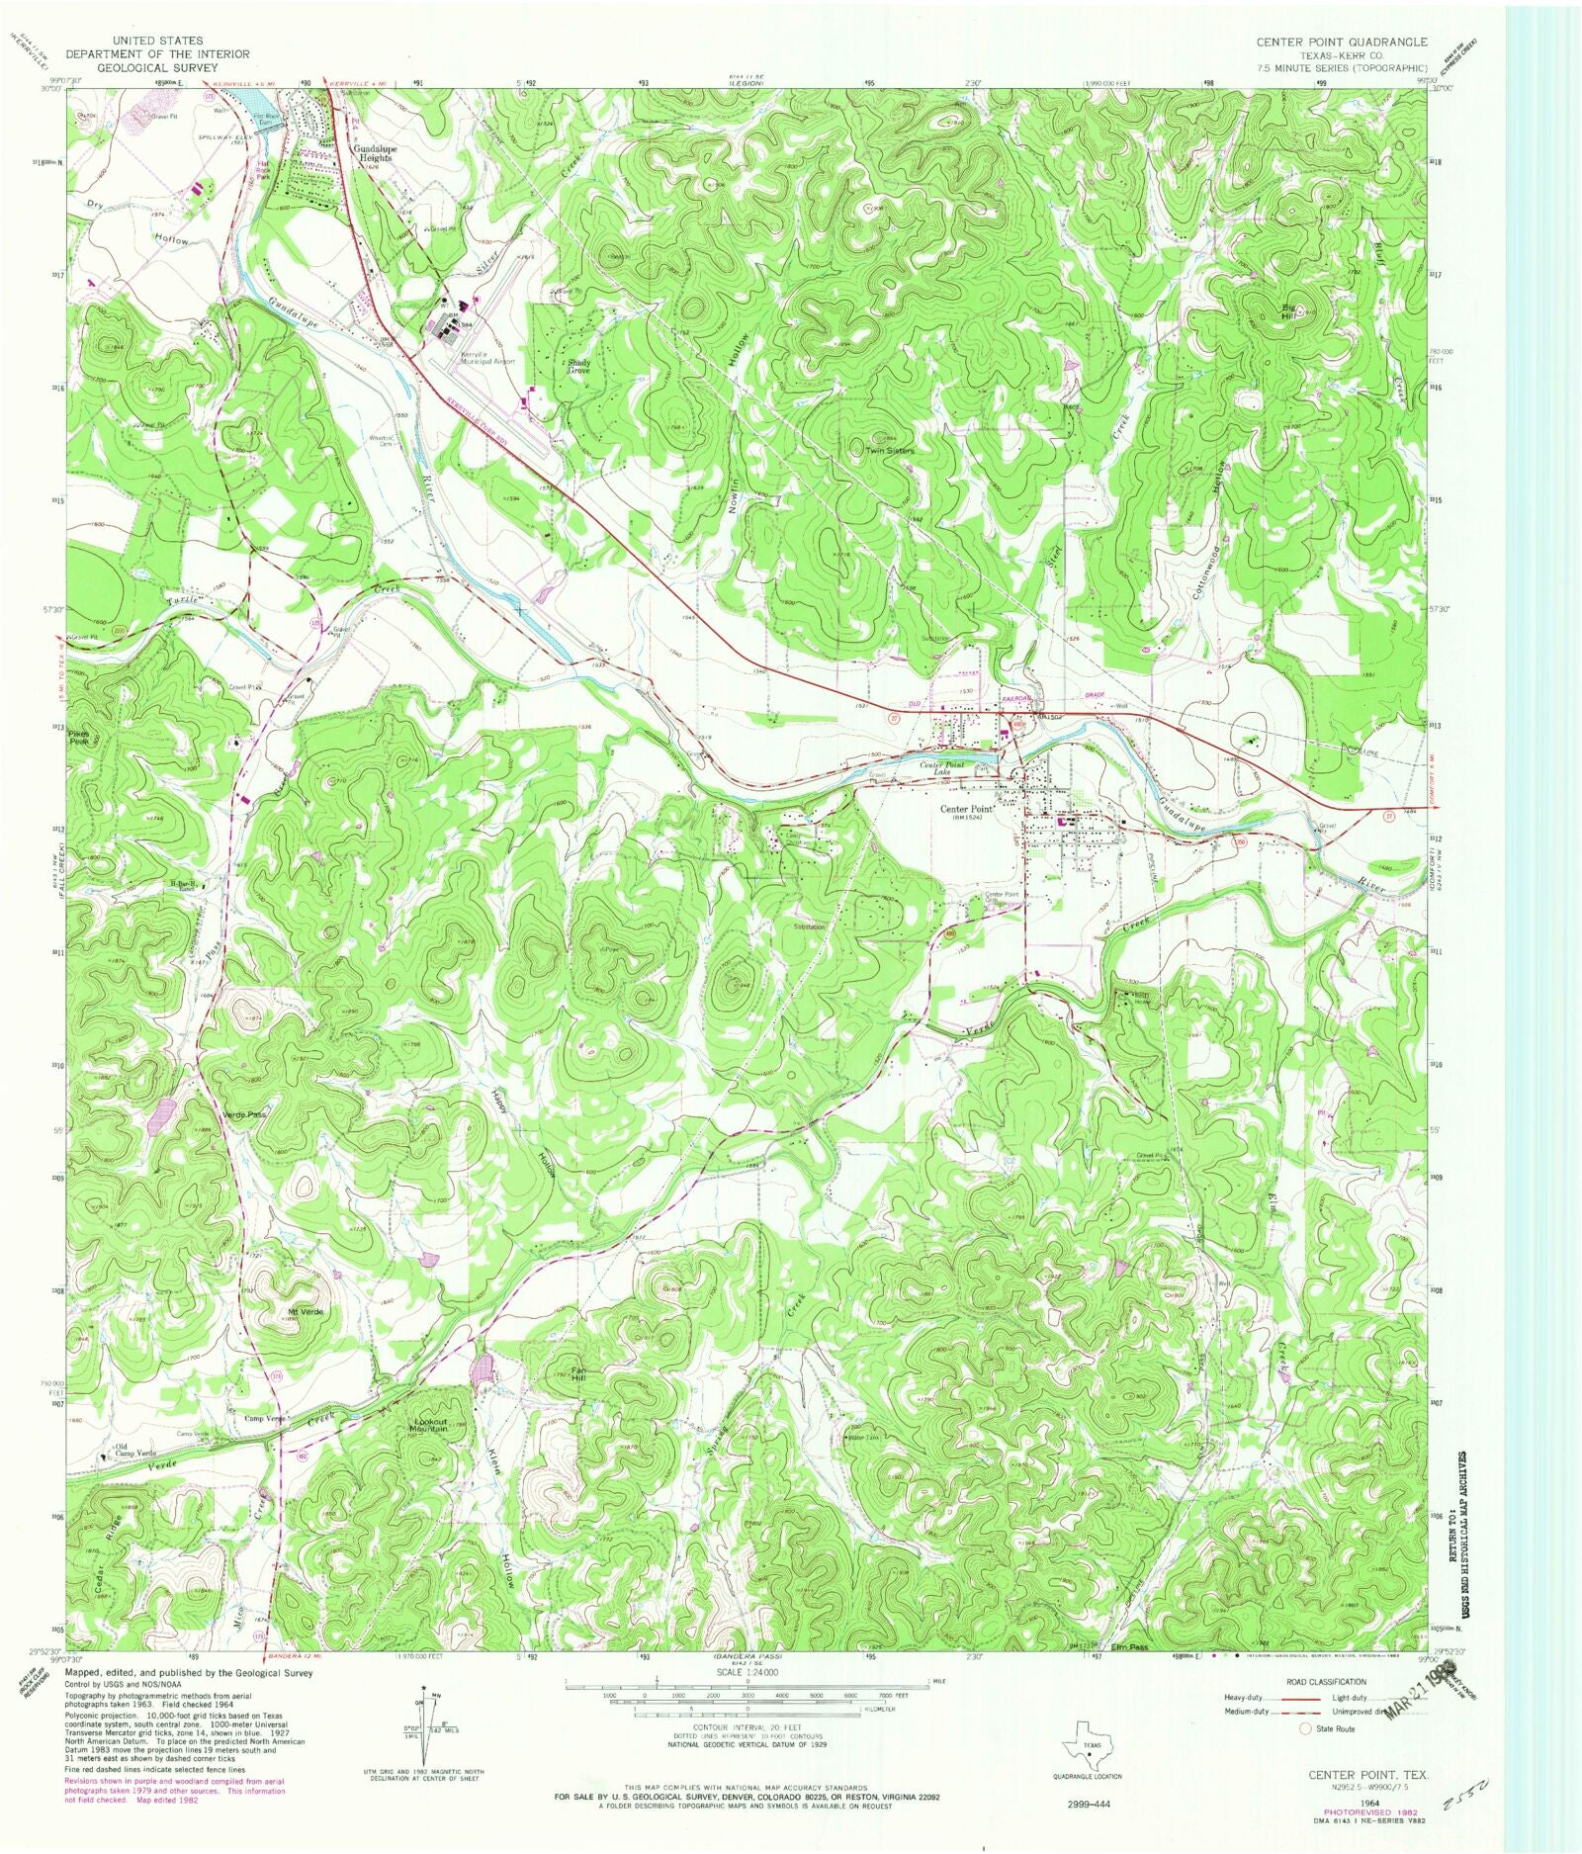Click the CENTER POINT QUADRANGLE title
point(1341,42)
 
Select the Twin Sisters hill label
point(890,450)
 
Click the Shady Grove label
point(578,366)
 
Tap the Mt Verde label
point(306,1311)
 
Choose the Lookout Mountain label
point(430,1426)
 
